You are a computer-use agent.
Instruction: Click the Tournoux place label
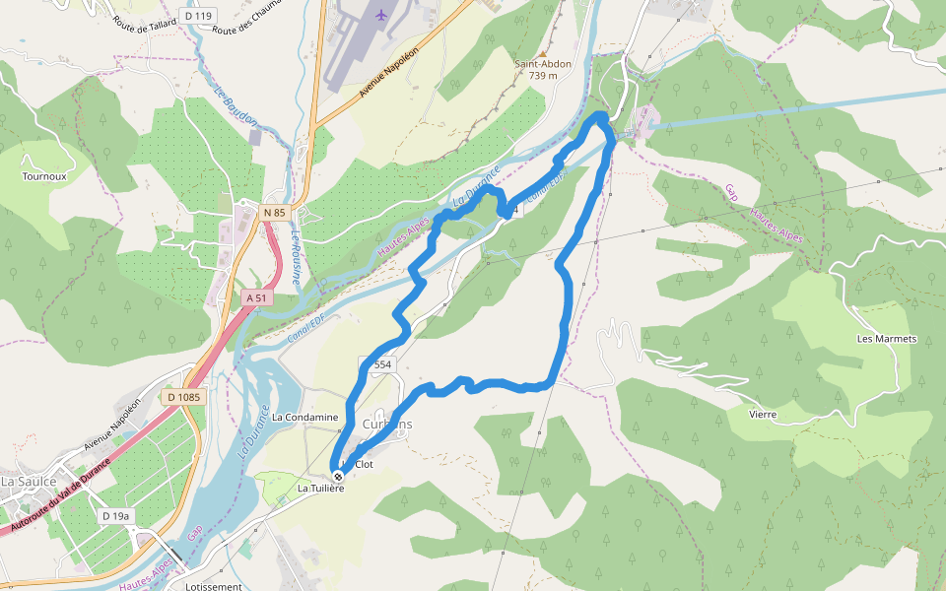[x=44, y=177]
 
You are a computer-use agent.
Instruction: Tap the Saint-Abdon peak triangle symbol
[x=542, y=53]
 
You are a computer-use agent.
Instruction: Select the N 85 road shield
[x=274, y=213]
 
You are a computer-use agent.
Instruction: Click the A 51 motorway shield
[x=255, y=297]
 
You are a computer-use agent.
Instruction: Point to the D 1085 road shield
[x=183, y=397]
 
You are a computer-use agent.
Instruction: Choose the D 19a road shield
[x=116, y=515]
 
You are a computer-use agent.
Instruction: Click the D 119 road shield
[x=197, y=16]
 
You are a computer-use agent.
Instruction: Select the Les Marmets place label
[x=887, y=339]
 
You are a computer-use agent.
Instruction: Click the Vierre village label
[x=763, y=415]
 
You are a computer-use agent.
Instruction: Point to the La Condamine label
[x=304, y=418]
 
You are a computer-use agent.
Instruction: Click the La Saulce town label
[x=26, y=482]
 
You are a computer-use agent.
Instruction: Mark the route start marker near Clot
[x=338, y=477]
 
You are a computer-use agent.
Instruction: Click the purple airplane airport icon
[x=381, y=15]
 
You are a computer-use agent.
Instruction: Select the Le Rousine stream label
[x=295, y=258]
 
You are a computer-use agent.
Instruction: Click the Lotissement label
[x=213, y=586]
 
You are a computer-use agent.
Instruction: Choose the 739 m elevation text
[x=543, y=76]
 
